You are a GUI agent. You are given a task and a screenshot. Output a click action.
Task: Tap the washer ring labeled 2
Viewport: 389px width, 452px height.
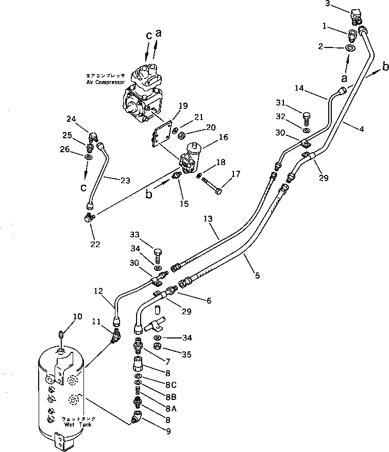pos(350,48)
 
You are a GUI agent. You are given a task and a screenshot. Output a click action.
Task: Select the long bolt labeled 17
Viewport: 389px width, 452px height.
pos(213,185)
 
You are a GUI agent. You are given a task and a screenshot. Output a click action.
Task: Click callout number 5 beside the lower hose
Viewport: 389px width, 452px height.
pos(257,276)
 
